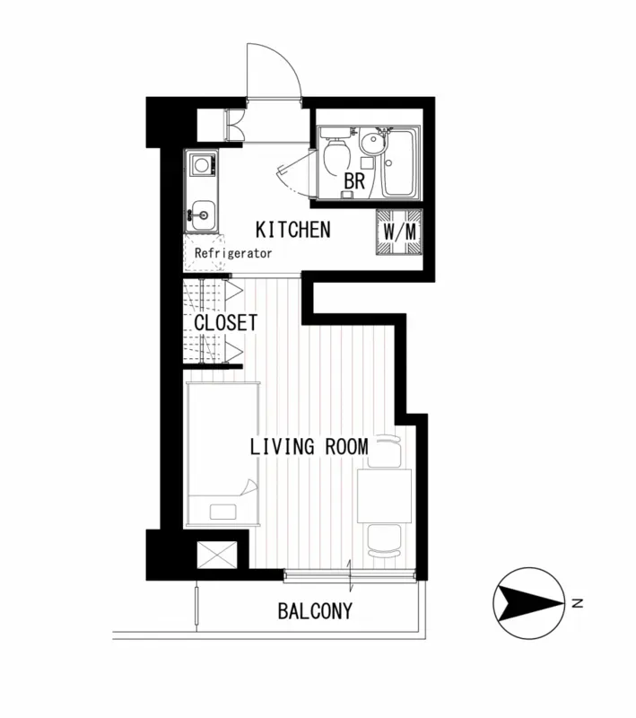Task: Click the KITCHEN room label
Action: pyautogui.click(x=292, y=230)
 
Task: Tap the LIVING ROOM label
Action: pyautogui.click(x=309, y=446)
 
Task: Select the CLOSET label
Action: pyautogui.click(x=225, y=323)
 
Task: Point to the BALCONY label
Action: pyautogui.click(x=315, y=611)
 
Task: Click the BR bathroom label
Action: pyautogui.click(x=354, y=181)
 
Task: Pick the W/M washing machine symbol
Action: pyautogui.click(x=399, y=232)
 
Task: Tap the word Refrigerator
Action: pyautogui.click(x=233, y=253)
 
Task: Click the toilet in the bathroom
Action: pyautogui.click(x=336, y=153)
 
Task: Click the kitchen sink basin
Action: pyautogui.click(x=202, y=215)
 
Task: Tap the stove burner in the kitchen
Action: pyautogui.click(x=201, y=164)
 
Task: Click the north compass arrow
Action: pyautogui.click(x=531, y=603)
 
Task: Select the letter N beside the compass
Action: pyautogui.click(x=578, y=603)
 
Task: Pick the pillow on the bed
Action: pyautogui.click(x=222, y=512)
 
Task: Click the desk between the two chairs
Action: pyautogui.click(x=384, y=495)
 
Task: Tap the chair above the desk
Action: pyautogui.click(x=384, y=451)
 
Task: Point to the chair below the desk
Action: pyautogui.click(x=384, y=541)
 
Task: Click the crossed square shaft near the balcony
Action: pyautogui.click(x=217, y=555)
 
